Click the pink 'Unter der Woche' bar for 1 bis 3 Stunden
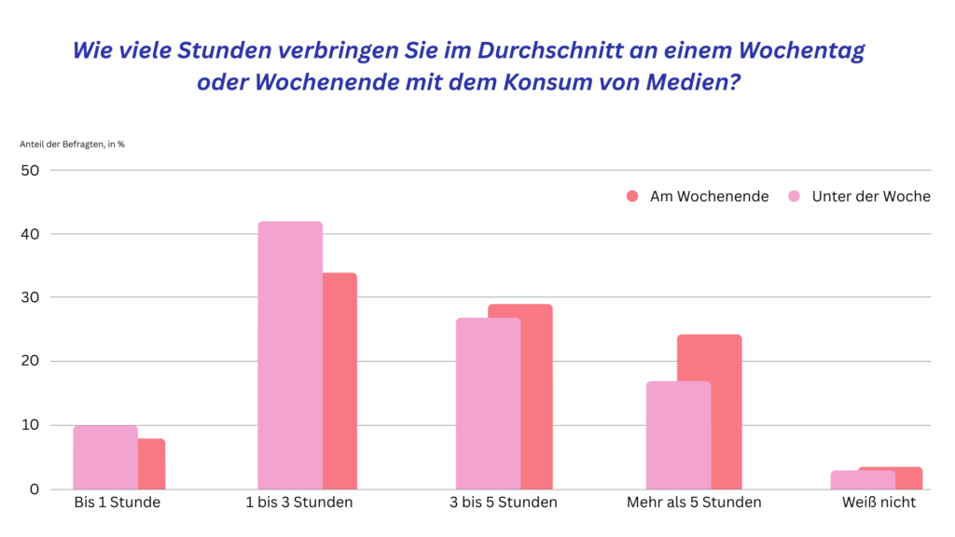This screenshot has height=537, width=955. [x=290, y=354]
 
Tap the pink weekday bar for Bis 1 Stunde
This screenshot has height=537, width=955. [x=105, y=457]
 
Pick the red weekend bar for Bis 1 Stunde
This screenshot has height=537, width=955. [x=152, y=463]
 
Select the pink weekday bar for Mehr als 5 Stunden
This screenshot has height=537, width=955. [x=679, y=434]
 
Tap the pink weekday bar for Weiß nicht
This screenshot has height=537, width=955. [x=863, y=479]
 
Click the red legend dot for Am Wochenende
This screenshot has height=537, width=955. [x=632, y=197]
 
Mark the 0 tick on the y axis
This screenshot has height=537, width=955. [x=35, y=489]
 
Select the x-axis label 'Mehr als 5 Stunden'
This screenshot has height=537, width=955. [x=695, y=503]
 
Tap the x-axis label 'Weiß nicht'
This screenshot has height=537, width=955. [x=877, y=503]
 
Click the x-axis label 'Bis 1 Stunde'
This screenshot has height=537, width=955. [x=118, y=503]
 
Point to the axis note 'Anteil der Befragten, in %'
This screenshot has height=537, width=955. [x=72, y=145]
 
